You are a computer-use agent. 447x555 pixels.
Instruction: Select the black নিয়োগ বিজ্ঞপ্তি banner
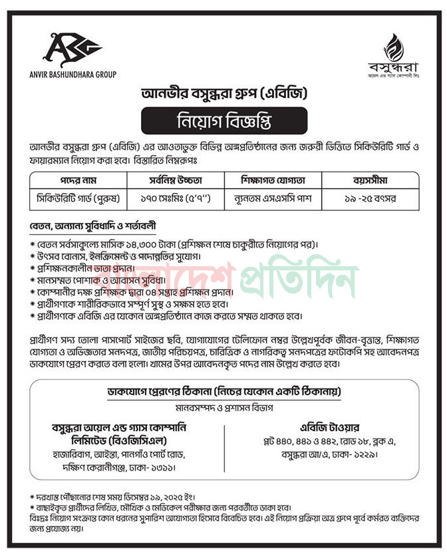click(x=223, y=122)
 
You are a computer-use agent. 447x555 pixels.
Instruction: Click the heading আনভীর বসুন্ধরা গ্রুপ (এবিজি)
click(x=223, y=93)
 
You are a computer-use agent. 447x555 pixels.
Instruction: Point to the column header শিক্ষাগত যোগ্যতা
click(x=273, y=180)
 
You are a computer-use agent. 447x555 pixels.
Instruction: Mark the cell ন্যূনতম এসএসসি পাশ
click(x=273, y=198)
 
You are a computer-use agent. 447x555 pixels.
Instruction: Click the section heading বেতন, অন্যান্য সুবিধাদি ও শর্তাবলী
click(x=93, y=226)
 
